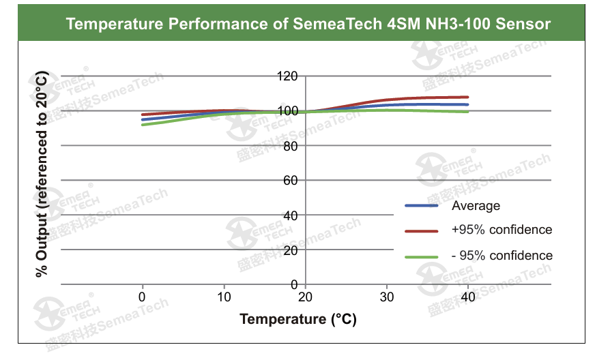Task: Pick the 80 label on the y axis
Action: [291, 146]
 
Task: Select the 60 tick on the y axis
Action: [291, 181]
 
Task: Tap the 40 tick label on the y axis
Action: [291, 215]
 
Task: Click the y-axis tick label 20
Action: [291, 250]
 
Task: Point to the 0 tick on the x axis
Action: [142, 297]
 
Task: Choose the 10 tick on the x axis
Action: [224, 297]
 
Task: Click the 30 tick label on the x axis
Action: [387, 297]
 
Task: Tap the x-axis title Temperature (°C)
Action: [298, 319]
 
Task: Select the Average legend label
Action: [476, 206]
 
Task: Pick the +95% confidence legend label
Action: [502, 230]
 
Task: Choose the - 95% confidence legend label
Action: [502, 256]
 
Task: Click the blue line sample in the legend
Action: [421, 205]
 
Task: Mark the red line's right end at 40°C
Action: [468, 97]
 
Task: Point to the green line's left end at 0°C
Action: [143, 124]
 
